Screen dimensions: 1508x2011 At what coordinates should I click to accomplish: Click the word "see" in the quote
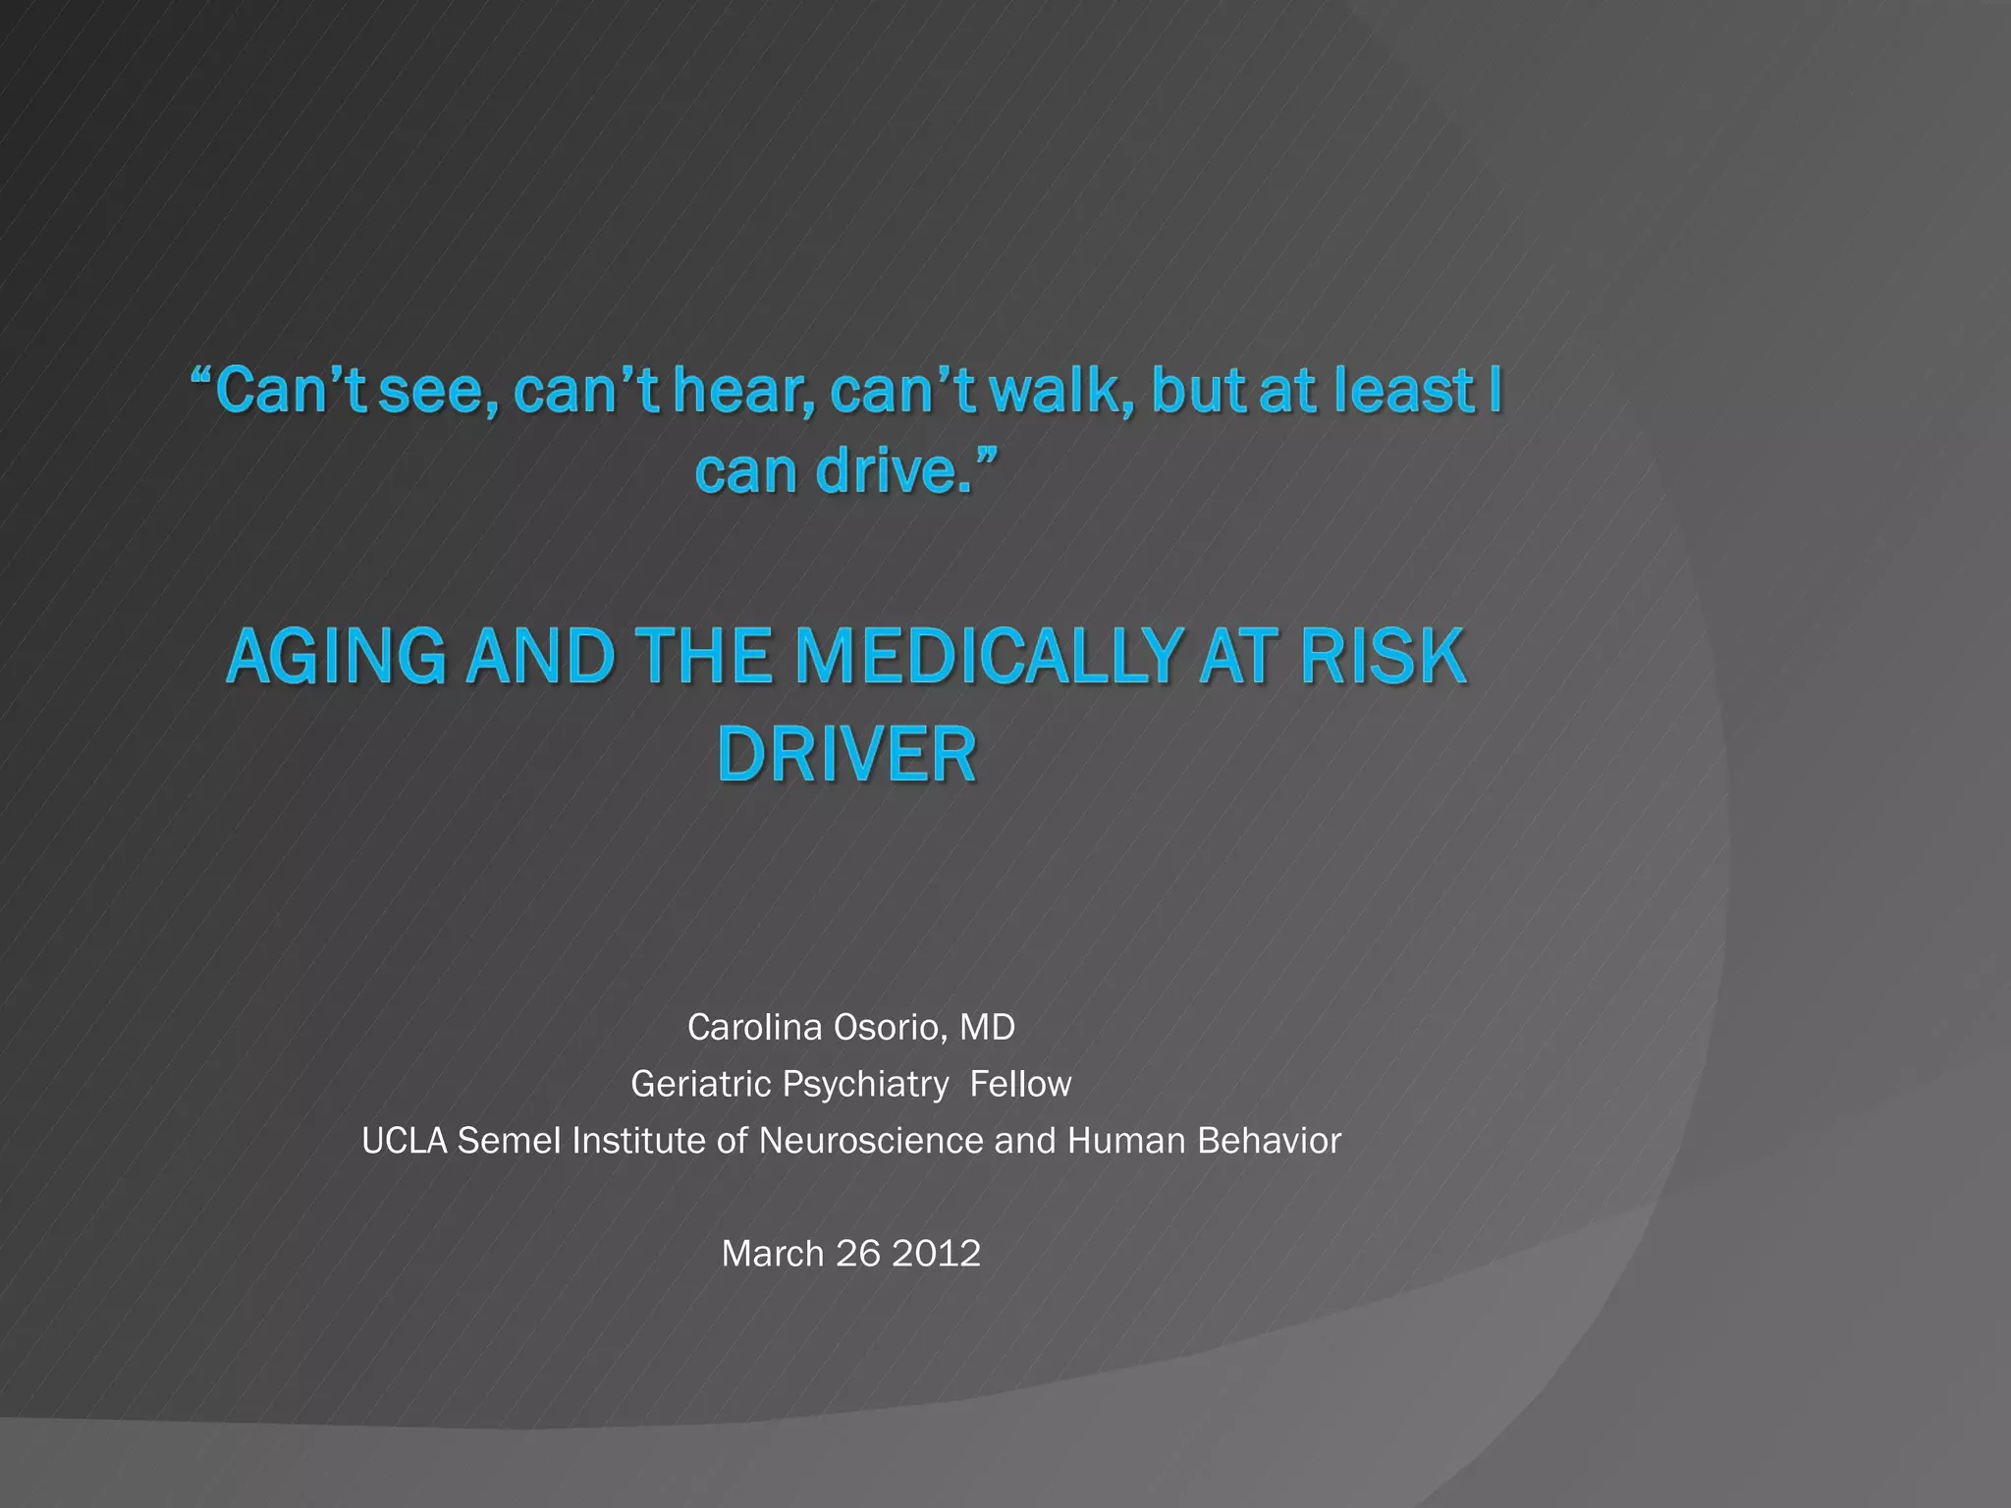(x=430, y=392)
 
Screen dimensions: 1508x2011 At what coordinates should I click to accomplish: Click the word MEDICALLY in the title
(x=987, y=657)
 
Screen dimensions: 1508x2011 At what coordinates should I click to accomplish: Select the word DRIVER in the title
(x=847, y=755)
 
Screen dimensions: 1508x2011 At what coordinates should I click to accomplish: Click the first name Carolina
(x=754, y=1027)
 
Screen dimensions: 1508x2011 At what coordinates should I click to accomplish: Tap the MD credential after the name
(x=987, y=1027)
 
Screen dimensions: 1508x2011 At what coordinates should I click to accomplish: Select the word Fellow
(x=1020, y=1084)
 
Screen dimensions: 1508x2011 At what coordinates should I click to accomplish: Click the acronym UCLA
(x=405, y=1141)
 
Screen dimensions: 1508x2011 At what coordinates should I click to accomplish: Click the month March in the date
(x=773, y=1254)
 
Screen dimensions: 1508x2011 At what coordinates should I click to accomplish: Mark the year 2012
(x=936, y=1254)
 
